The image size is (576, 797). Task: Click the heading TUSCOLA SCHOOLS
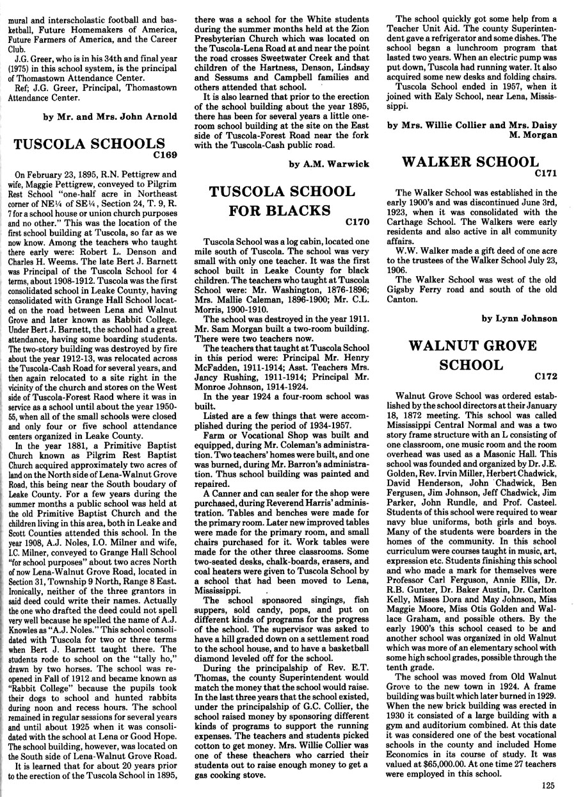click(x=89, y=144)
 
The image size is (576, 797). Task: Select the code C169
click(x=163, y=154)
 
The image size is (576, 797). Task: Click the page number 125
click(x=547, y=787)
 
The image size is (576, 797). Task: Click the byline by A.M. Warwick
click(x=329, y=164)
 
